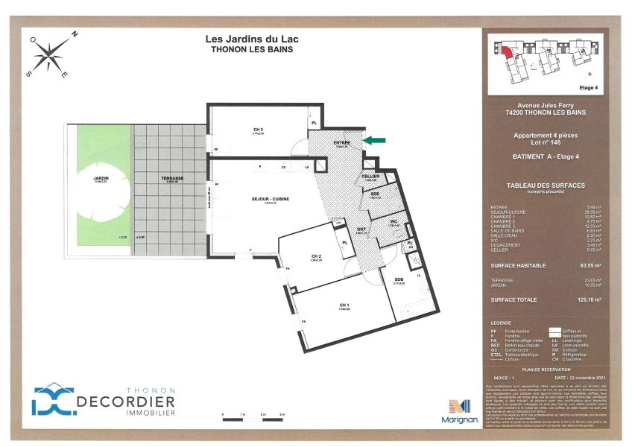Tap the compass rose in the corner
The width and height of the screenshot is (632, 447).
pyautogui.click(x=49, y=54)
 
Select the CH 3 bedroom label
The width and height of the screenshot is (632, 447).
pyautogui.click(x=259, y=130)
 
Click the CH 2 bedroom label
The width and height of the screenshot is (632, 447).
pyautogui.click(x=316, y=256)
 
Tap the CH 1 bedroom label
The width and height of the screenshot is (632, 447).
pyautogui.click(x=344, y=305)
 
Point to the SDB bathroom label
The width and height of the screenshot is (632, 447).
pyautogui.click(x=399, y=279)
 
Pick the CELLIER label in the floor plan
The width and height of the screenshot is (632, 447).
pyautogui.click(x=371, y=176)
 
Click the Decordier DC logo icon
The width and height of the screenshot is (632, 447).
pyautogui.click(x=54, y=400)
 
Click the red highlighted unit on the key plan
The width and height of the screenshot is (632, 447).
pyautogui.click(x=506, y=51)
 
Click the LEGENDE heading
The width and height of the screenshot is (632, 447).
pyautogui.click(x=502, y=323)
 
